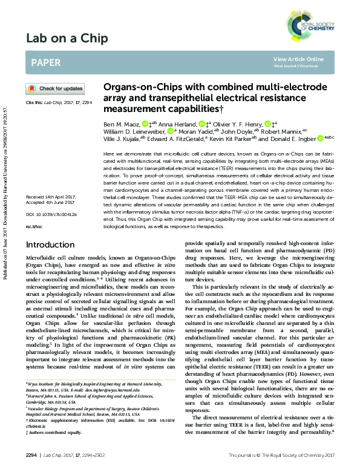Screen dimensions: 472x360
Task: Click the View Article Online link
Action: click(x=298, y=59)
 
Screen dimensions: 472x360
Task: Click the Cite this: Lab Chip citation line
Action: click(x=58, y=103)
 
